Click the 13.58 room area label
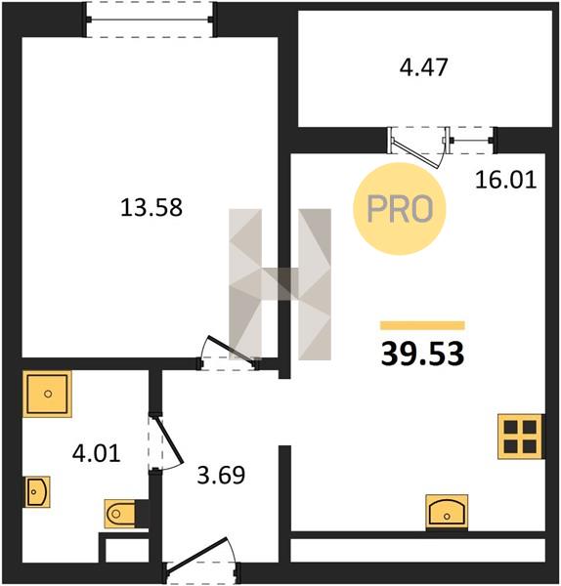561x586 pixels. (x=151, y=208)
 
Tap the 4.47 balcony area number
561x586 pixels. (x=424, y=67)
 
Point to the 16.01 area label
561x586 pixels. (x=506, y=180)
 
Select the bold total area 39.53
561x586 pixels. (x=422, y=354)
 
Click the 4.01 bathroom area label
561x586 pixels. (x=97, y=453)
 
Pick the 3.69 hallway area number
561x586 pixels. (x=221, y=475)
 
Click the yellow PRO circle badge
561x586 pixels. (x=400, y=209)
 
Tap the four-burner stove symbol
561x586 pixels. (x=520, y=437)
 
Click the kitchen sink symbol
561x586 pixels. (x=447, y=512)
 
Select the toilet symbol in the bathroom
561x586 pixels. (x=120, y=514)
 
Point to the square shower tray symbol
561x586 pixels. (x=47, y=394)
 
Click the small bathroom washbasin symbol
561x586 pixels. (x=37, y=492)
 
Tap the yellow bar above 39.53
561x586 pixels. (x=422, y=325)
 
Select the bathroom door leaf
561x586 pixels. (x=168, y=440)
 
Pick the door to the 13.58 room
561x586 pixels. (x=230, y=350)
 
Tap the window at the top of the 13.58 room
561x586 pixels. (x=150, y=20)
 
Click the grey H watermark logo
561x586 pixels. (x=280, y=284)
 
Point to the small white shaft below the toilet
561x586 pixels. (x=127, y=550)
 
